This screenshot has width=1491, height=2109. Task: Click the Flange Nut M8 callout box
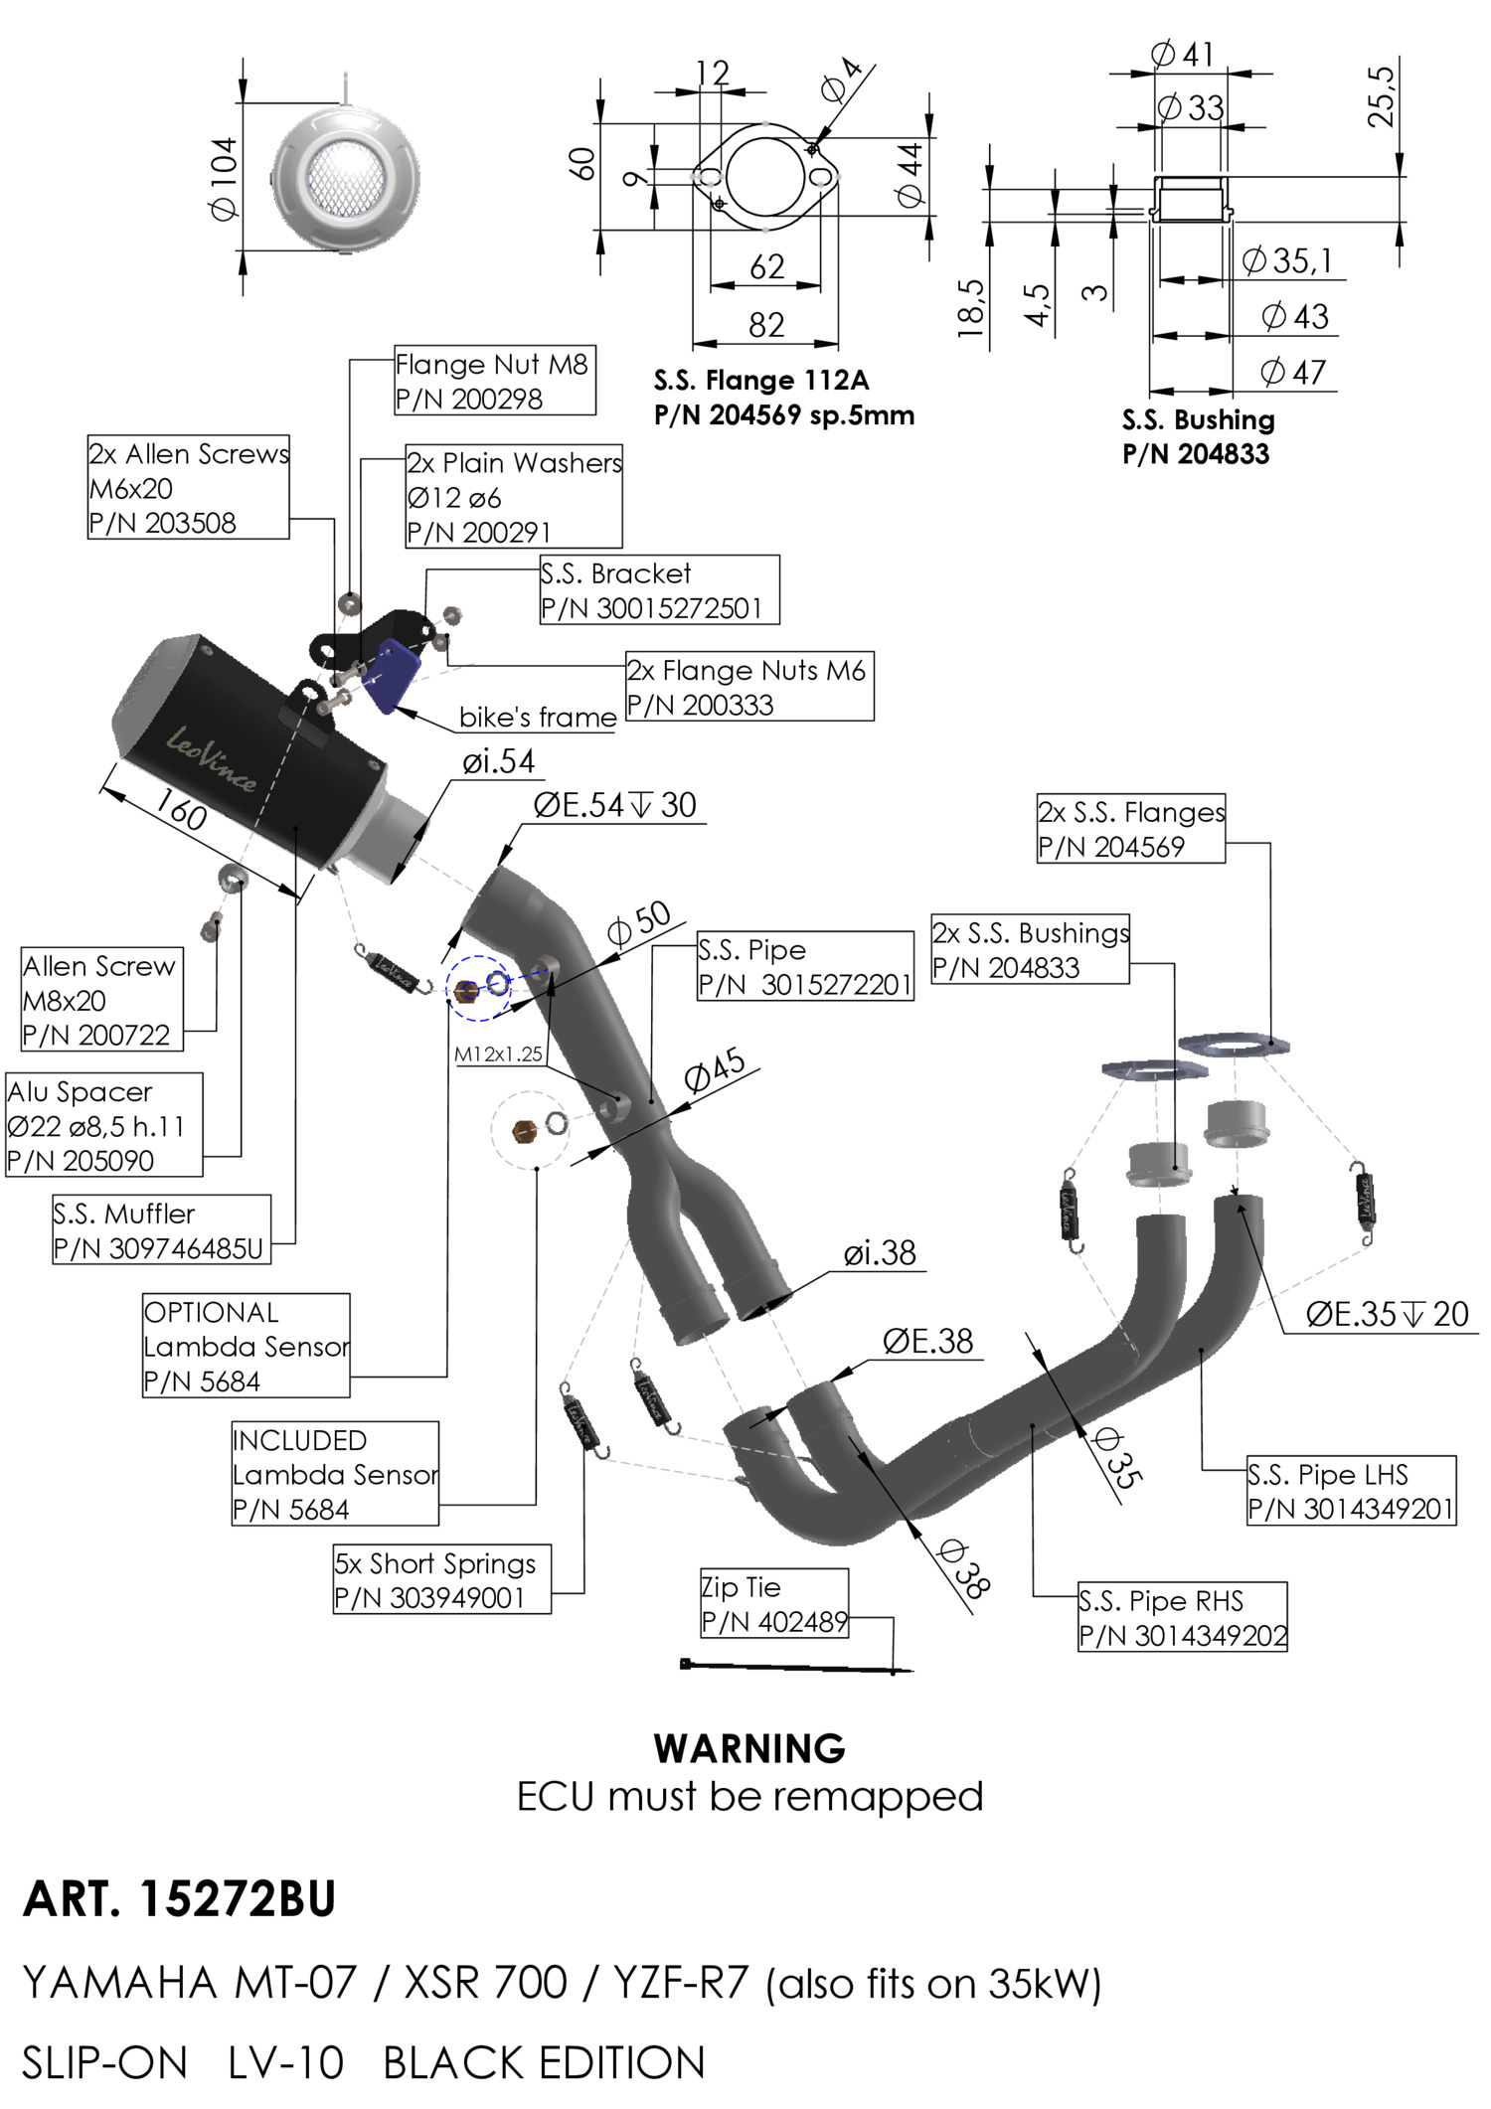pos(494,381)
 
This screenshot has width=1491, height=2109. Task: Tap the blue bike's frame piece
pos(392,675)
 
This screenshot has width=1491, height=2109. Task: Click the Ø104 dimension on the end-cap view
pos(224,177)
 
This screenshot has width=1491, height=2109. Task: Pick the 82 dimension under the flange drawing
pos(766,325)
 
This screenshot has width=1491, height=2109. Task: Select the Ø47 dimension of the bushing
pos(1293,372)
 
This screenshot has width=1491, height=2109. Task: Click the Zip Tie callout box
pos(773,1604)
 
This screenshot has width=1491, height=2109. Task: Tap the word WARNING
pos(749,1748)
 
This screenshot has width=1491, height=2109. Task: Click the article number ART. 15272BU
pos(179,1899)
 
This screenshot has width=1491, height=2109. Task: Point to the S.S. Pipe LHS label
pos(1351,1491)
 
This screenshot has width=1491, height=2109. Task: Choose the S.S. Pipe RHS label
pos(1182,1617)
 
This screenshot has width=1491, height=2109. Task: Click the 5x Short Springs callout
pos(441,1580)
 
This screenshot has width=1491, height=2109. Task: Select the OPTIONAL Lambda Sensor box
pos(246,1346)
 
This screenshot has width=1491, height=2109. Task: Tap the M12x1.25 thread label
pos(499,1054)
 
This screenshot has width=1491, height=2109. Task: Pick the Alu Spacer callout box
pos(103,1125)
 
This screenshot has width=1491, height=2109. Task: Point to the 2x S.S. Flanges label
pos(1130,829)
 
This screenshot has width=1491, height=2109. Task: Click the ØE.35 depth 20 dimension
pos(1387,1314)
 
